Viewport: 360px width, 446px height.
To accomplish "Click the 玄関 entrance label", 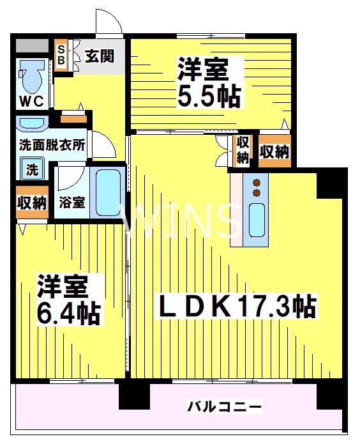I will click(100, 56).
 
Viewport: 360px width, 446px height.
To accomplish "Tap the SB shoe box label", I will click(61, 56).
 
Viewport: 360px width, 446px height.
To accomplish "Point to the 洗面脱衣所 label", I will click(52, 144).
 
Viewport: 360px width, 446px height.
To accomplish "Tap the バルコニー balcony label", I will click(224, 406).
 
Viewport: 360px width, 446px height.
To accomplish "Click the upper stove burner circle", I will click(257, 181).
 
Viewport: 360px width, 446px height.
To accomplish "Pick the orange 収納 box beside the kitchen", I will click(274, 152).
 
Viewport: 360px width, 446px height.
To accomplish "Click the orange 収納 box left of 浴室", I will click(31, 203).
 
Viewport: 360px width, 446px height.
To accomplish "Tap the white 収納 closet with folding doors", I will click(243, 150).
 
